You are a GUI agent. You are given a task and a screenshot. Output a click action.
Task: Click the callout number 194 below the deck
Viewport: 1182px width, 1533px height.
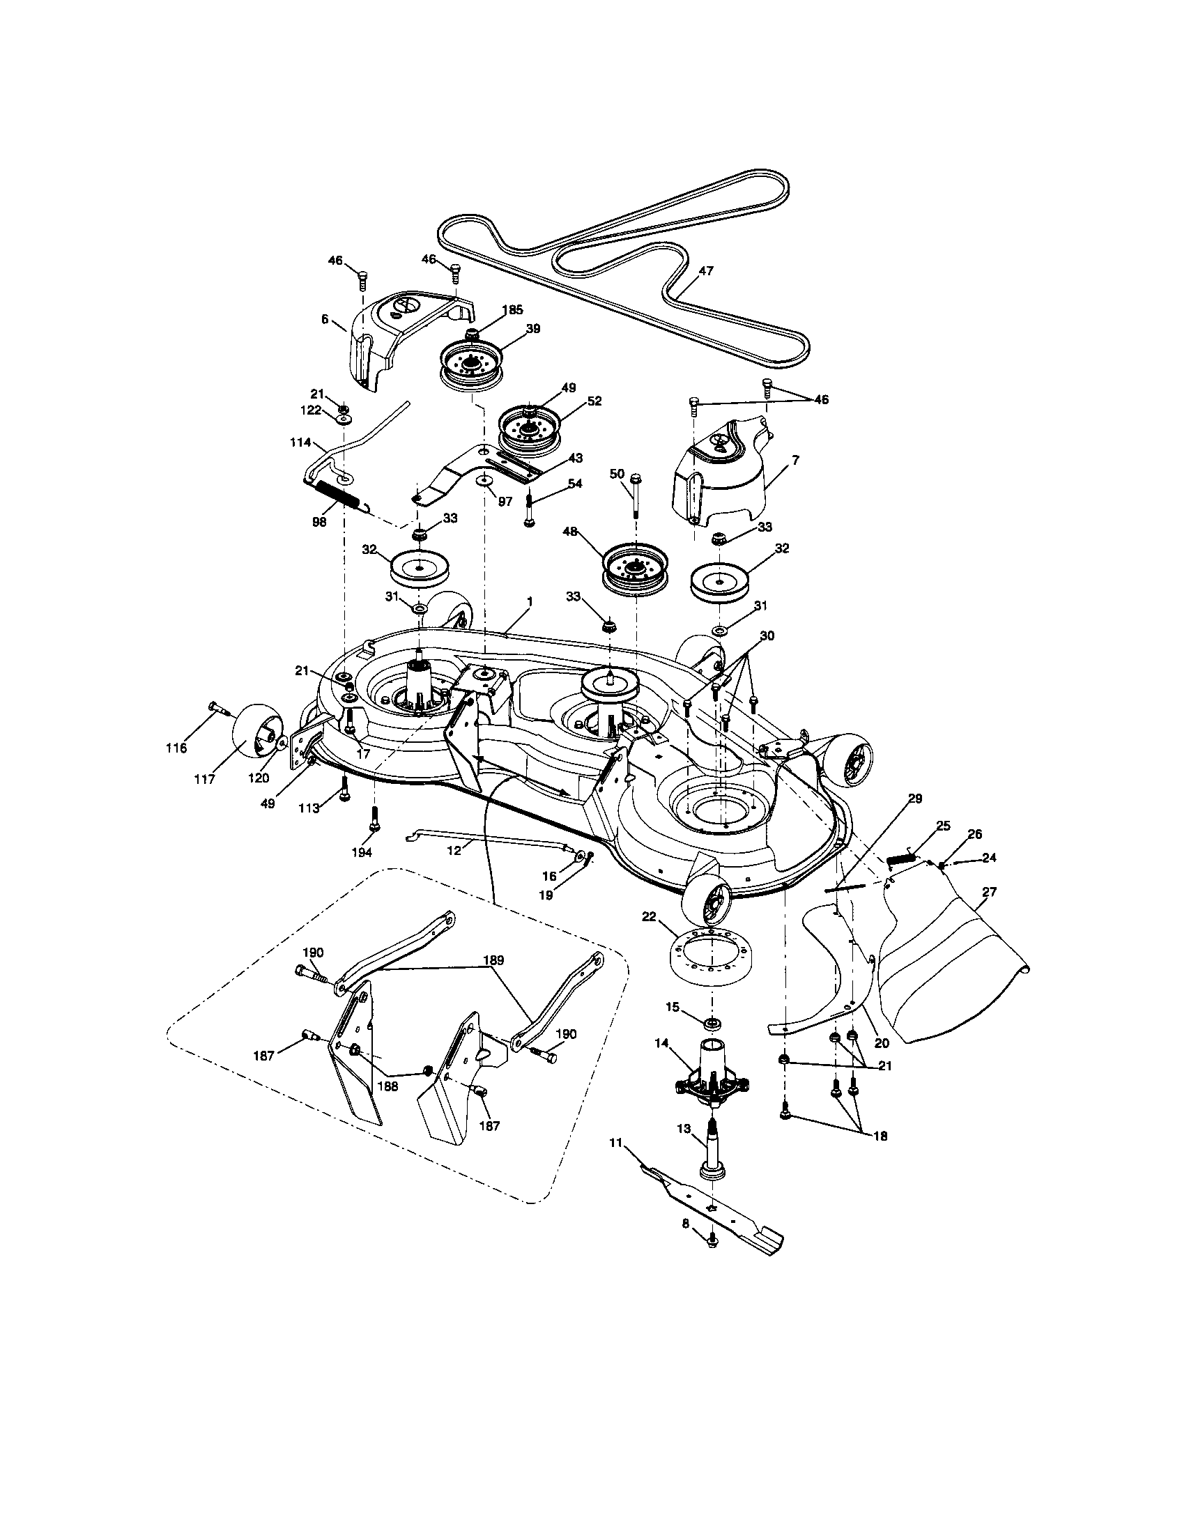click(362, 852)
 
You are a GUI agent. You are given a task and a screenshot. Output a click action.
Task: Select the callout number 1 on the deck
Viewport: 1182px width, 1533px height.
click(530, 601)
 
